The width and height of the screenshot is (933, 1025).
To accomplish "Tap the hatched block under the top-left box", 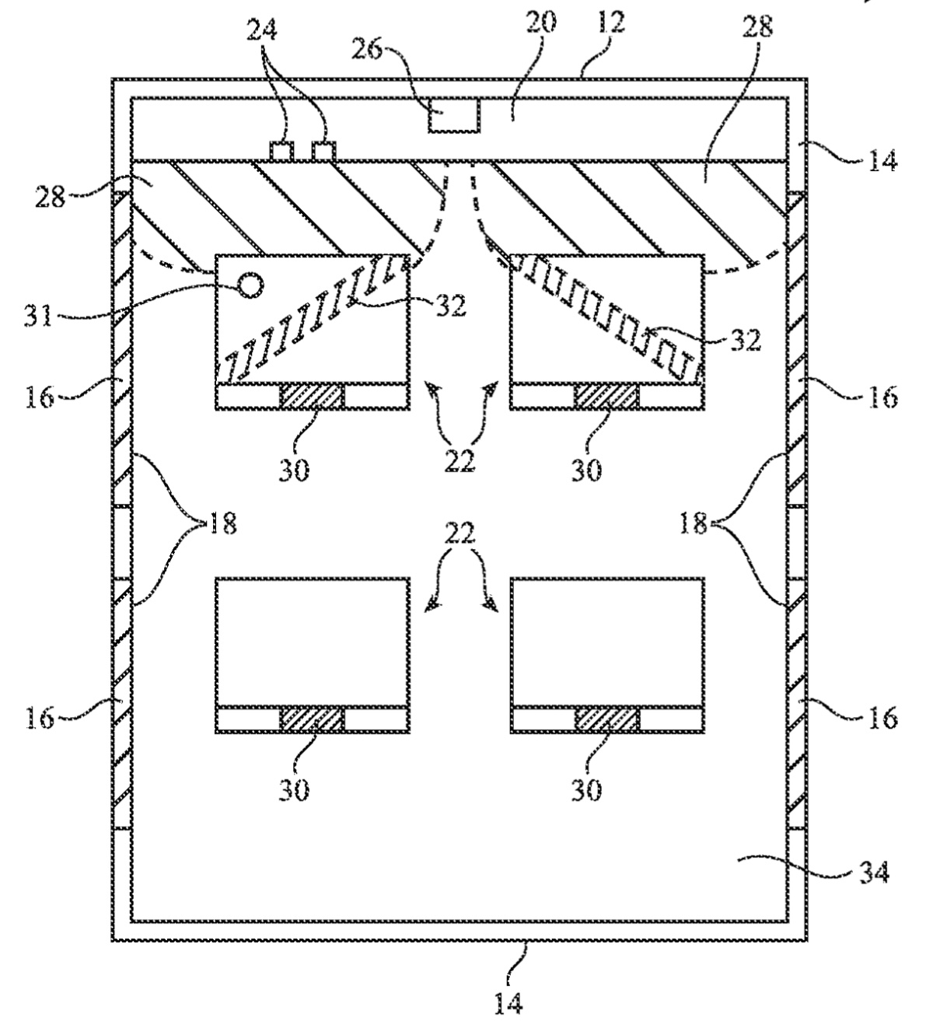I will pyautogui.click(x=311, y=397).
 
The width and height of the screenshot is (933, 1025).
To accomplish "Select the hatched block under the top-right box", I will pyautogui.click(x=606, y=397).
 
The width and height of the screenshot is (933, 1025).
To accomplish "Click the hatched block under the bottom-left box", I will pyautogui.click(x=311, y=719).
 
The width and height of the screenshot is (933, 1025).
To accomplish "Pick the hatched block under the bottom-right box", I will pyautogui.click(x=606, y=719).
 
